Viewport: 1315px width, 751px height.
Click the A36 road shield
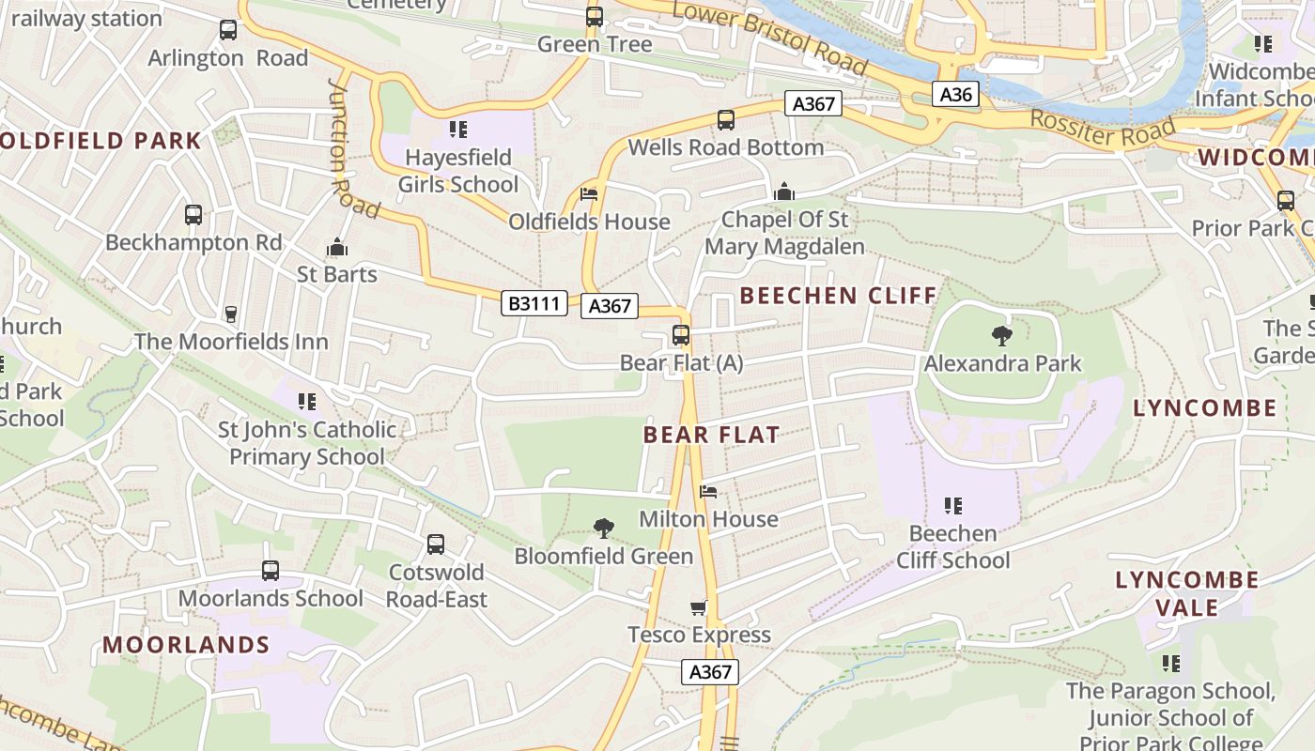coord(956,94)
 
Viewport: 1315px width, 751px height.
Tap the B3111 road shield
coord(534,303)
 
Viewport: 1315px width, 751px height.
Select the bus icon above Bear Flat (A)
coord(681,335)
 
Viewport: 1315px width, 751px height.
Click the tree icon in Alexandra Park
coord(1002,335)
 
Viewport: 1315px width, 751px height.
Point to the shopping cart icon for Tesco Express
coord(699,607)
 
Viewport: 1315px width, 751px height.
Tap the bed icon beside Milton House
coord(709,491)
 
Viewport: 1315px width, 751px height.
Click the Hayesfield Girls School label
coord(458,171)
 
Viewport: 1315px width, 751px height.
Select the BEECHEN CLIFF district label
coord(838,296)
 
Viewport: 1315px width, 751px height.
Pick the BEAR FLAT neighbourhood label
coord(711,435)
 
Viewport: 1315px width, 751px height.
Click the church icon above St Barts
coord(337,248)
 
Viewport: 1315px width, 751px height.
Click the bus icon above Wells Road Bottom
coord(726,120)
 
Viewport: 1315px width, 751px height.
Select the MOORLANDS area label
coord(186,645)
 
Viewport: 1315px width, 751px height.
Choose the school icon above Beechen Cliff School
coord(953,506)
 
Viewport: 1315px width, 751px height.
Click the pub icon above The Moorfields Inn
coord(231,314)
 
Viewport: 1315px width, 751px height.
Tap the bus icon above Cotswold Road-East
coord(436,544)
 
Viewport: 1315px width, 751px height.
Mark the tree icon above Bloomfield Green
coord(604,529)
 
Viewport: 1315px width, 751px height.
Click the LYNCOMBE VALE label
coord(1187,593)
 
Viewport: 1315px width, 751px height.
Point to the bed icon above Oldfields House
coord(589,194)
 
